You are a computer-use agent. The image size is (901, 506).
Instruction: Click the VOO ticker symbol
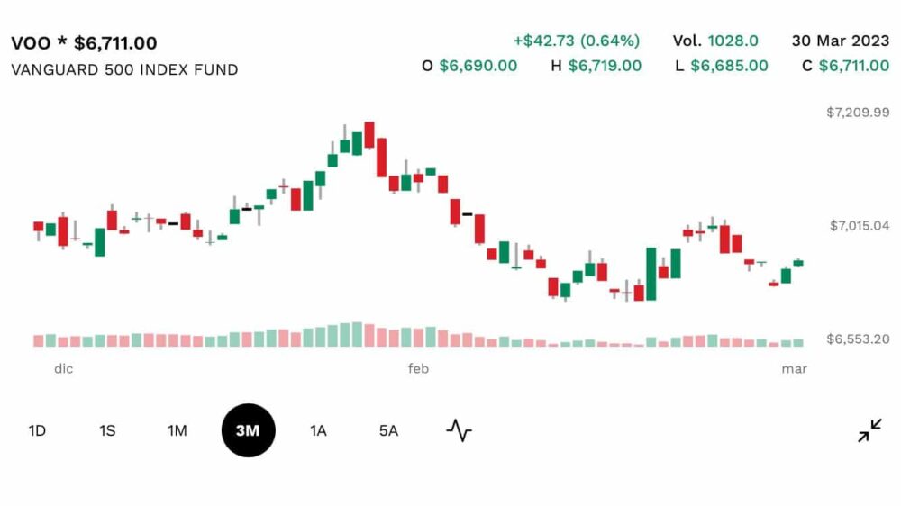[x=31, y=43]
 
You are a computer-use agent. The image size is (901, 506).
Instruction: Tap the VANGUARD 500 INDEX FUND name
[x=124, y=70]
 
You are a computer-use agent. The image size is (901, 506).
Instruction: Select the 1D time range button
[x=37, y=430]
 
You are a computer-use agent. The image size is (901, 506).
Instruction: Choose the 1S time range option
[x=107, y=430]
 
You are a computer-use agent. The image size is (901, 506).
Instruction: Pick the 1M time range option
[x=177, y=430]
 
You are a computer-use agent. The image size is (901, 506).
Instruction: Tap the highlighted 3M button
[x=249, y=430]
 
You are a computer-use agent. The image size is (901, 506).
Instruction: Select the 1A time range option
[x=318, y=430]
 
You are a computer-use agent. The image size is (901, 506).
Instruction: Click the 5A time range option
[x=388, y=430]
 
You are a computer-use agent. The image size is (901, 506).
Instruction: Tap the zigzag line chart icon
[x=460, y=430]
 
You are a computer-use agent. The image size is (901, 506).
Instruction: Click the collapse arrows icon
[x=870, y=430]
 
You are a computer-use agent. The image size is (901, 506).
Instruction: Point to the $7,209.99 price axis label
[x=858, y=113]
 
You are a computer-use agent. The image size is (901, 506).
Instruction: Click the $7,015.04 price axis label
[x=860, y=226]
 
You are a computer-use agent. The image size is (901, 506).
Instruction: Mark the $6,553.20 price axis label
[x=858, y=339]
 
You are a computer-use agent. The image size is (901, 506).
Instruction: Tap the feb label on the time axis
[x=418, y=369]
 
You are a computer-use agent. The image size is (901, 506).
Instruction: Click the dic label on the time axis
[x=64, y=369]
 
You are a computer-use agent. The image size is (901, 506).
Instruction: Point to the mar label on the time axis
[x=794, y=369]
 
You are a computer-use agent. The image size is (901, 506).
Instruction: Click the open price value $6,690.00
[x=478, y=66]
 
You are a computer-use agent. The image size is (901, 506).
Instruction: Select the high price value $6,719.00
[x=605, y=66]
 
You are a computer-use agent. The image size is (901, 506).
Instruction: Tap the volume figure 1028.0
[x=733, y=41]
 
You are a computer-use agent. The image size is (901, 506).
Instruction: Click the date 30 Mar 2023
[x=841, y=41]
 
